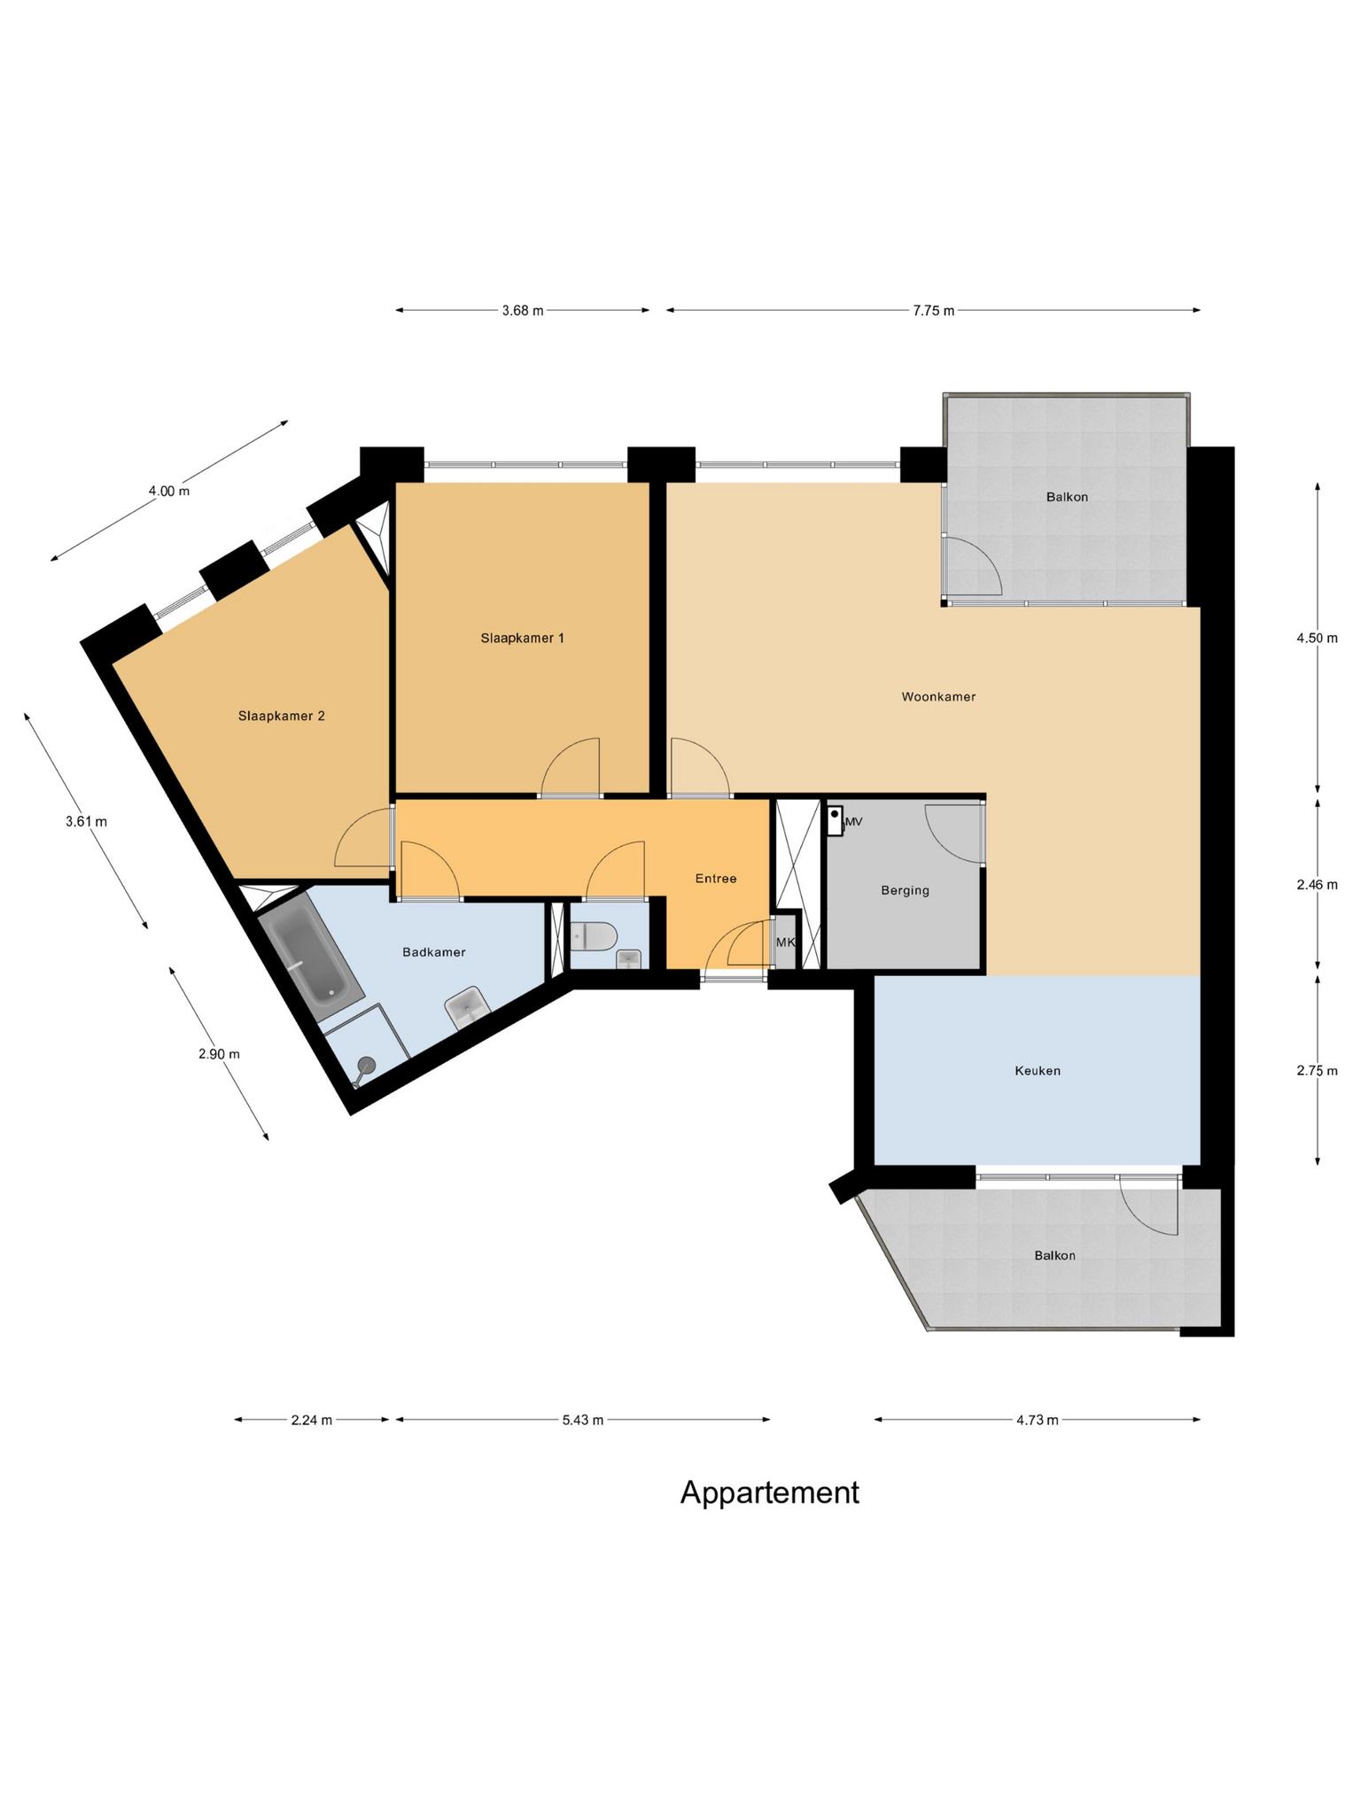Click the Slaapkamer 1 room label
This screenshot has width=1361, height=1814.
coord(522,638)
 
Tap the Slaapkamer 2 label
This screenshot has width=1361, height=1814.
coord(281,716)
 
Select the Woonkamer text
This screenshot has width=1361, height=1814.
coord(938,697)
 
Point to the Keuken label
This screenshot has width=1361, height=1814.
coord(1037,1071)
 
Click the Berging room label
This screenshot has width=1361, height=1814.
coord(905,890)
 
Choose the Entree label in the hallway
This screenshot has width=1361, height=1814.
coord(715,879)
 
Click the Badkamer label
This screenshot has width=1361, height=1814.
coord(433,952)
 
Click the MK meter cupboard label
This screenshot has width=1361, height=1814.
coord(785,942)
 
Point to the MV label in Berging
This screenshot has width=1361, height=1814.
coord(854,822)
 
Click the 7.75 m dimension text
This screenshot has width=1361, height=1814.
coord(933,310)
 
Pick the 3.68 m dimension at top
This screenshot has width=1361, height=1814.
coord(522,310)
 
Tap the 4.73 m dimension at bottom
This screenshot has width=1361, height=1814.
coord(1037,1420)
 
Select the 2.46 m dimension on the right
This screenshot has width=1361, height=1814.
coord(1316,884)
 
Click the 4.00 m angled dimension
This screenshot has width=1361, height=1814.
coord(168,491)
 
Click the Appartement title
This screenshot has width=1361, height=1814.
coord(769,1492)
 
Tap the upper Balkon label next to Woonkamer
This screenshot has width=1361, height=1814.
coord(1066,497)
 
